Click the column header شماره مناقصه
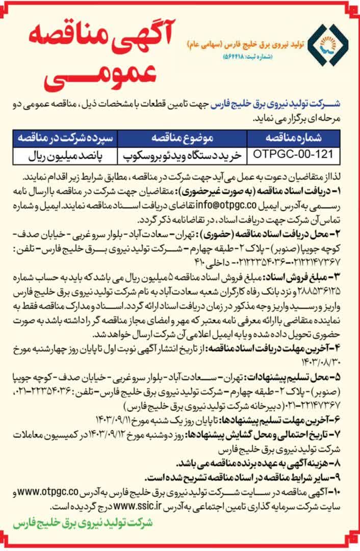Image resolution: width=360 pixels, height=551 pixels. [x=290, y=138]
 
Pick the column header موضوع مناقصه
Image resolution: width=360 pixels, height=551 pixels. [x=182, y=138]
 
